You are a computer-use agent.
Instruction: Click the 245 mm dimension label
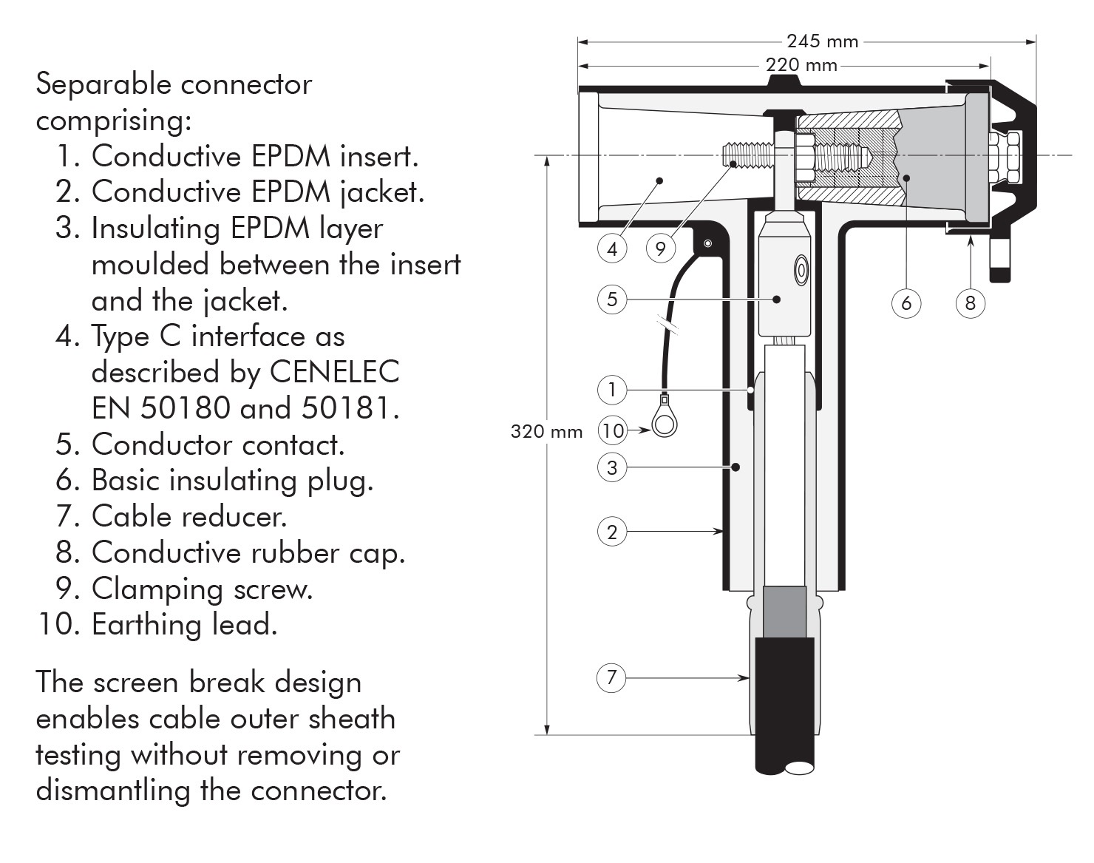[x=822, y=41]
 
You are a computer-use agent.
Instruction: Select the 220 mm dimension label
[x=801, y=65]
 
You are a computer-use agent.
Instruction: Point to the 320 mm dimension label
[x=546, y=431]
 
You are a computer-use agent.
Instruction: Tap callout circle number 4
[x=611, y=248]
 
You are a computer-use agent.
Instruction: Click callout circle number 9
[x=660, y=248]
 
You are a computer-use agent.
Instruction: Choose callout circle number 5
[x=611, y=299]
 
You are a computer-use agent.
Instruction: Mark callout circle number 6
[x=906, y=302]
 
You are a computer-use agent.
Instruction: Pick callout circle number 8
[x=970, y=302]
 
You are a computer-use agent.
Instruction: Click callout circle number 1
[x=611, y=390]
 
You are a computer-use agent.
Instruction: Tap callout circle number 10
[x=613, y=430]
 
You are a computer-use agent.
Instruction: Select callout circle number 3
[x=611, y=467]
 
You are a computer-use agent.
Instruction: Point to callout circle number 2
[x=611, y=532]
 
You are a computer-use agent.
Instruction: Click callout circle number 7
[x=611, y=677]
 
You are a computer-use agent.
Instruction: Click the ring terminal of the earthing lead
[x=665, y=423]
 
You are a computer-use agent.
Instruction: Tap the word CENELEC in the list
[x=334, y=371]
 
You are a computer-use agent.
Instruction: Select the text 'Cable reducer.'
[x=189, y=516]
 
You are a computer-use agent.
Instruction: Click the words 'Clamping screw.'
[x=202, y=589]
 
